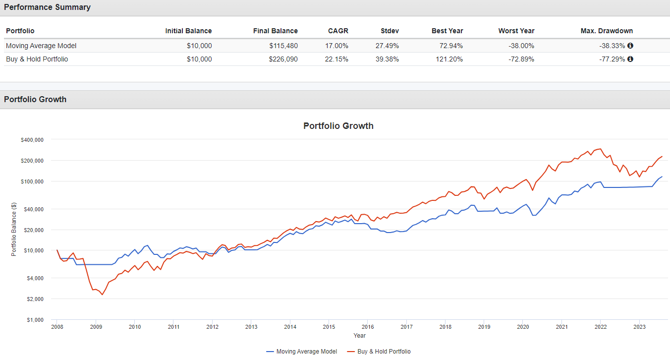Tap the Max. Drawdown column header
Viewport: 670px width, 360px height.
pyautogui.click(x=607, y=31)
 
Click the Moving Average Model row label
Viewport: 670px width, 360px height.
pyautogui.click(x=41, y=46)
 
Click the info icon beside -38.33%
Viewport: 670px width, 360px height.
pyautogui.click(x=630, y=46)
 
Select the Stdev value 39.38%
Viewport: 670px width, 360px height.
pyautogui.click(x=389, y=59)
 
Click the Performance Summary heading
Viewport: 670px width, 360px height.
pyautogui.click(x=47, y=7)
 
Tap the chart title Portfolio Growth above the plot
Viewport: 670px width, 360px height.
pyautogui.click(x=338, y=126)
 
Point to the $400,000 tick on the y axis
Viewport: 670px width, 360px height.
pyautogui.click(x=32, y=140)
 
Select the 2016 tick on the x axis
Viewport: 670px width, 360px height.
pyautogui.click(x=368, y=327)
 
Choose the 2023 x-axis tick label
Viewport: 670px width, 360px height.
pyautogui.click(x=639, y=327)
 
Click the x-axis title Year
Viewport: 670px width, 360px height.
pyautogui.click(x=360, y=336)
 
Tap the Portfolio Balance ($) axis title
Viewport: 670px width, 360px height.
pyautogui.click(x=14, y=230)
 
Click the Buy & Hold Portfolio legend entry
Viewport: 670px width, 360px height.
pyautogui.click(x=379, y=352)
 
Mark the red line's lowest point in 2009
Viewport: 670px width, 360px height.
pyautogui.click(x=102, y=295)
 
